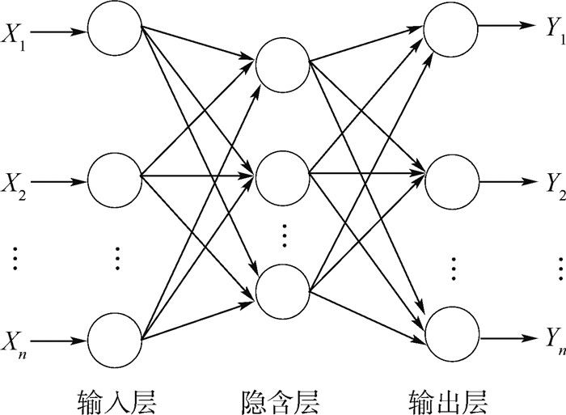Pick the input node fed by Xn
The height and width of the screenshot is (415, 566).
(x=114, y=338)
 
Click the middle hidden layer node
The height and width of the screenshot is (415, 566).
(x=282, y=173)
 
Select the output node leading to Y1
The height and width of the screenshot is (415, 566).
(x=450, y=26)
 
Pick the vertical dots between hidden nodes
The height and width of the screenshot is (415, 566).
(x=284, y=234)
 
